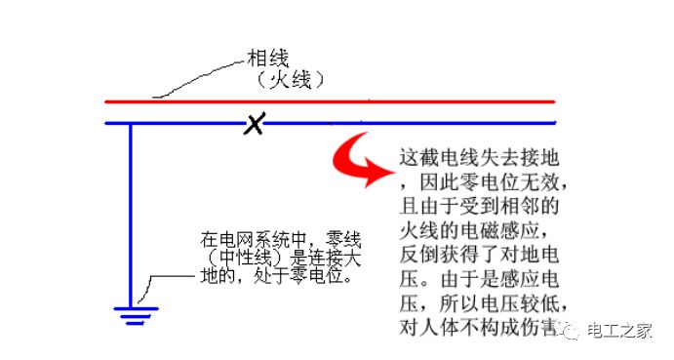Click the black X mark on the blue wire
pyautogui.click(x=254, y=124)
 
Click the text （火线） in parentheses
pyautogui.click(x=285, y=81)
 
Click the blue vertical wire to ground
pyautogui.click(x=131, y=215)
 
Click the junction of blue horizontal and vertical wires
pyautogui.click(x=131, y=124)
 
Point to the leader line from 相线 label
pyautogui.click(x=195, y=83)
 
